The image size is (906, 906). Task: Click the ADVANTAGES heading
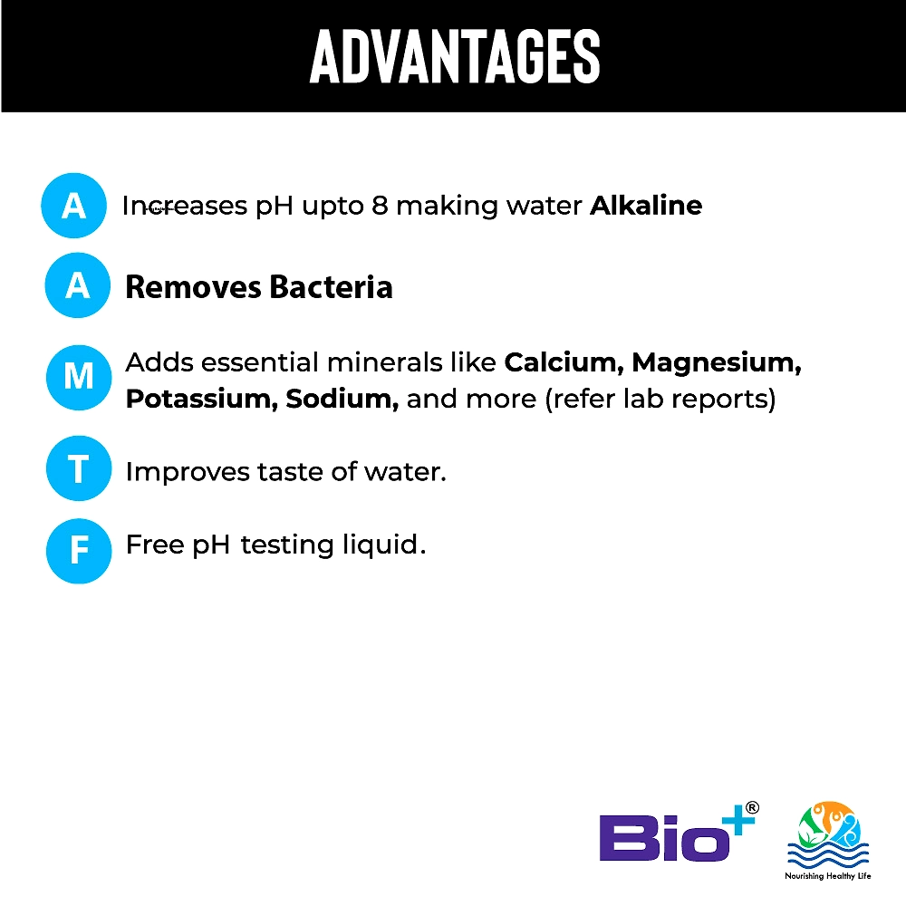455,56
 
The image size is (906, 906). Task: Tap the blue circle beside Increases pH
73,205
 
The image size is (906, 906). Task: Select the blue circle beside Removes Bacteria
77,284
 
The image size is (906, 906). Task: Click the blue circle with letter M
79,377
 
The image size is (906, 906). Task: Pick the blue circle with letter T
79,468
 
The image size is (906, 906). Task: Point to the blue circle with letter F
79,551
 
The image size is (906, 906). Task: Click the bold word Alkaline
646,205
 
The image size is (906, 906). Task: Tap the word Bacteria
331,286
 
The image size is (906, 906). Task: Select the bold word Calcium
564,363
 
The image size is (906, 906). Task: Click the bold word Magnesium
717,364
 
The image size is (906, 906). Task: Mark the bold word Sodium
342,400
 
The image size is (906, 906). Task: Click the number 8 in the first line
380,206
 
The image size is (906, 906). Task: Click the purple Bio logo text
664,837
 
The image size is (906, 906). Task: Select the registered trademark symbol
752,808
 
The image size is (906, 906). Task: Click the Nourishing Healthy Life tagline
827,876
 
